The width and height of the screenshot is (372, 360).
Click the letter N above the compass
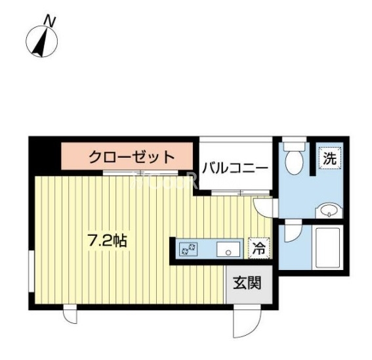pyautogui.click(x=50, y=20)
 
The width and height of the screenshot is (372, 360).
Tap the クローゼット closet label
pyautogui.click(x=132, y=156)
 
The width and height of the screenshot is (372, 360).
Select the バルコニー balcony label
pyautogui.click(x=235, y=168)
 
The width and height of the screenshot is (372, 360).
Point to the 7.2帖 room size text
pyautogui.click(x=108, y=240)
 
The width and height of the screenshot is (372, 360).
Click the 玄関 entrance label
pyautogui.click(x=247, y=282)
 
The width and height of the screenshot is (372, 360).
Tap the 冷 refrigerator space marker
pyautogui.click(x=259, y=248)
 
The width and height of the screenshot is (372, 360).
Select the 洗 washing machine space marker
pyautogui.click(x=330, y=158)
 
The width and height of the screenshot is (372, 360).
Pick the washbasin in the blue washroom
pyautogui.click(x=329, y=210)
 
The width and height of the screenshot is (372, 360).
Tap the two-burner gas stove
pyautogui.click(x=189, y=249)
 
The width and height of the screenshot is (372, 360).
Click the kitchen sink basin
pyautogui.click(x=228, y=249)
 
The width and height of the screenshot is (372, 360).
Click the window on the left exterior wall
pyautogui.click(x=31, y=271)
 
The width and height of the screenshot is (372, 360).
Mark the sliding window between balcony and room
pyautogui.click(x=241, y=192)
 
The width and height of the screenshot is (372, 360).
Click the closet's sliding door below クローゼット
pyautogui.click(x=140, y=172)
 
